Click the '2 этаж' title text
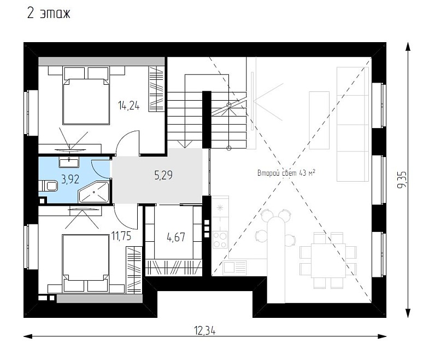click(49, 13)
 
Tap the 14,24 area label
click(128, 106)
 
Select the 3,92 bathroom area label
click(70, 179)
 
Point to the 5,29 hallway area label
click(163, 175)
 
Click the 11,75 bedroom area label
click(121, 236)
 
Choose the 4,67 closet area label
click(175, 237)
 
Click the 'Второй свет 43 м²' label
click(286, 173)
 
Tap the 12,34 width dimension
click(204, 330)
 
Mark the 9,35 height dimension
click(402, 179)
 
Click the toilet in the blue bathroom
click(48, 186)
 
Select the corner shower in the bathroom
click(94, 192)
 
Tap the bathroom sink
click(69, 162)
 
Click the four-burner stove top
click(220, 240)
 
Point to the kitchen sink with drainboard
click(235, 268)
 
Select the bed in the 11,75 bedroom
click(85, 263)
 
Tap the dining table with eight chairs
click(328, 260)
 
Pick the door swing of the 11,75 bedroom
click(125, 217)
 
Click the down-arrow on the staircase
click(185, 144)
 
